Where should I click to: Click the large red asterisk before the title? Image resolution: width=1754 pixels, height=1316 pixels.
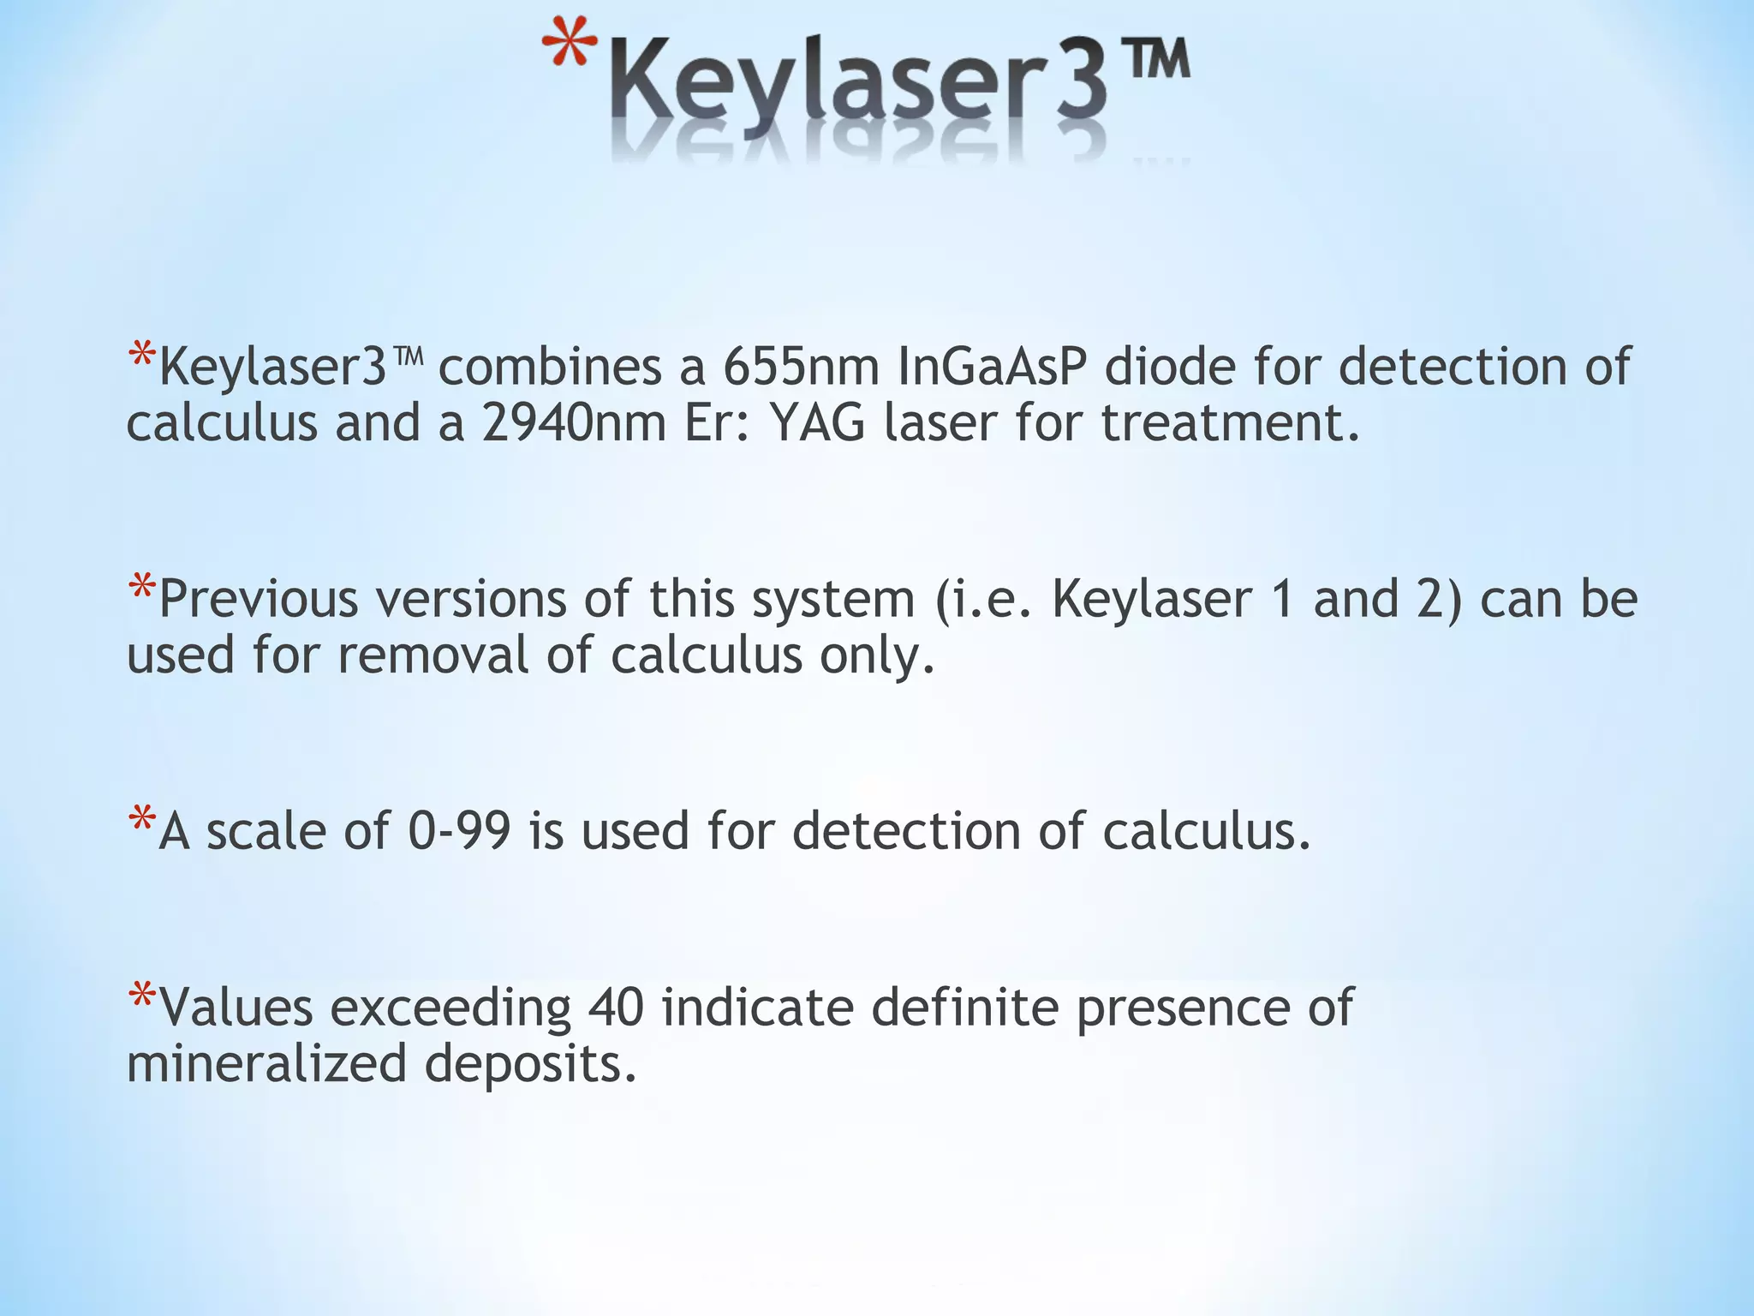coord(570,47)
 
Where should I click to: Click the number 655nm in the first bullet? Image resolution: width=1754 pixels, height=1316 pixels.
coord(801,366)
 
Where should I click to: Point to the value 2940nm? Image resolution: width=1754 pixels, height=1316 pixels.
coord(573,422)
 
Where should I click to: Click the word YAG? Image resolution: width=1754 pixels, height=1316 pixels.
coord(817,422)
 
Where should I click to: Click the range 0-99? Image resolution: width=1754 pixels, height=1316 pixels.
coord(459,831)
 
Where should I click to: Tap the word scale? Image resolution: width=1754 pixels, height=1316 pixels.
coord(266,831)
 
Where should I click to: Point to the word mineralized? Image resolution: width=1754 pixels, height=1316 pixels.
coord(265,1064)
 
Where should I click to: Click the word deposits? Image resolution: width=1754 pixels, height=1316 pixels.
coord(531,1066)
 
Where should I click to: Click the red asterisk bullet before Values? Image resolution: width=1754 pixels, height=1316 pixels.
coord(141,996)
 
